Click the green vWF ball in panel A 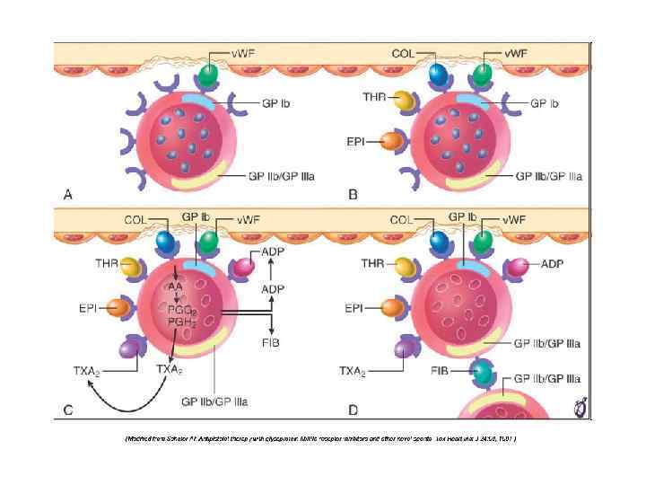point(206,76)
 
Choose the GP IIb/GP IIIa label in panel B point(548,176)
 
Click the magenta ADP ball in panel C point(244,267)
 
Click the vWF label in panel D point(513,218)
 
